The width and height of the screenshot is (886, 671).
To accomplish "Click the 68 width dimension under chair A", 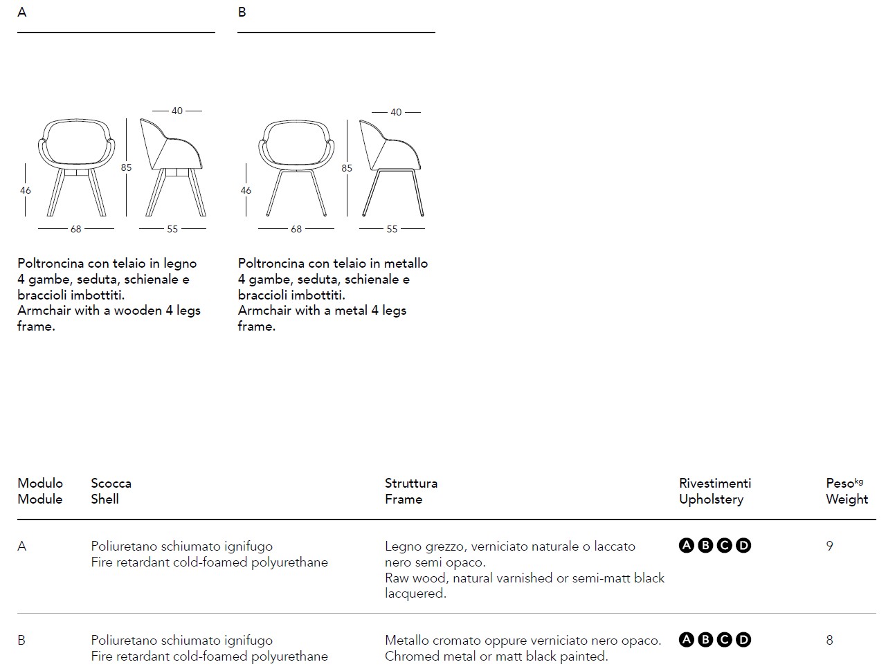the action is tap(76, 229).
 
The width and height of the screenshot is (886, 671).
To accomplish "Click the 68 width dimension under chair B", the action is tap(296, 229).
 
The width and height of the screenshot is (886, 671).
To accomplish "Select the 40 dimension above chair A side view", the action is tap(177, 111).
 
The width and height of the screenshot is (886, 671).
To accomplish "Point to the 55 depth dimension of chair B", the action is tap(392, 229).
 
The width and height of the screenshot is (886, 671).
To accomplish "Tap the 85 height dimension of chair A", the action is tap(127, 167).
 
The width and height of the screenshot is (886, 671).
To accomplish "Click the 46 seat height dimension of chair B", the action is tap(246, 190).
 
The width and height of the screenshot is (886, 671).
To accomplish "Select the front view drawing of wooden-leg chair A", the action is tap(76, 167).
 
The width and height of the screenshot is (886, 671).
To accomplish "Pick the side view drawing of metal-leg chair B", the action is tap(392, 167).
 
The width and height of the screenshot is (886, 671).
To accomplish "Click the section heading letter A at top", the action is tap(22, 12).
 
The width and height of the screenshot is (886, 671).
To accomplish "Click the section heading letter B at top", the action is tap(242, 12).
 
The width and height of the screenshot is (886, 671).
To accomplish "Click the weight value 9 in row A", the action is tap(829, 546).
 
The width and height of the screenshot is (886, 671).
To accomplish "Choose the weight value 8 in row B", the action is tap(829, 640).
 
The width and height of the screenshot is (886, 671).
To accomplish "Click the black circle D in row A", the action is tap(743, 546).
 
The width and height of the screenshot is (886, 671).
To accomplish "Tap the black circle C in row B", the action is tap(724, 640).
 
